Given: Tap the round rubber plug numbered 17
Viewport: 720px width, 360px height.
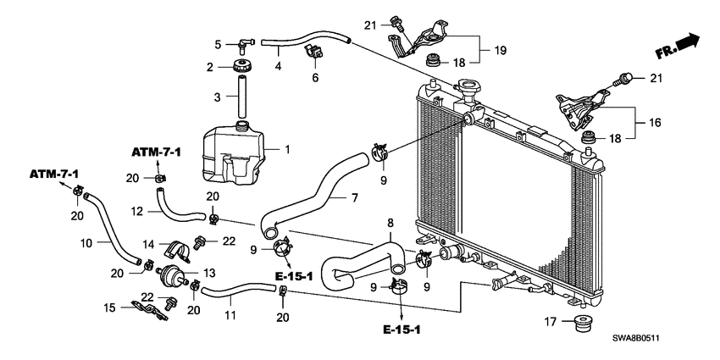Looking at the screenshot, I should point(582,324).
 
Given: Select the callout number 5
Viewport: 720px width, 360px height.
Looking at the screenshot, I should point(217,44).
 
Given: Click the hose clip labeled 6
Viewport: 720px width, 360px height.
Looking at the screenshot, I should point(314,53).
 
